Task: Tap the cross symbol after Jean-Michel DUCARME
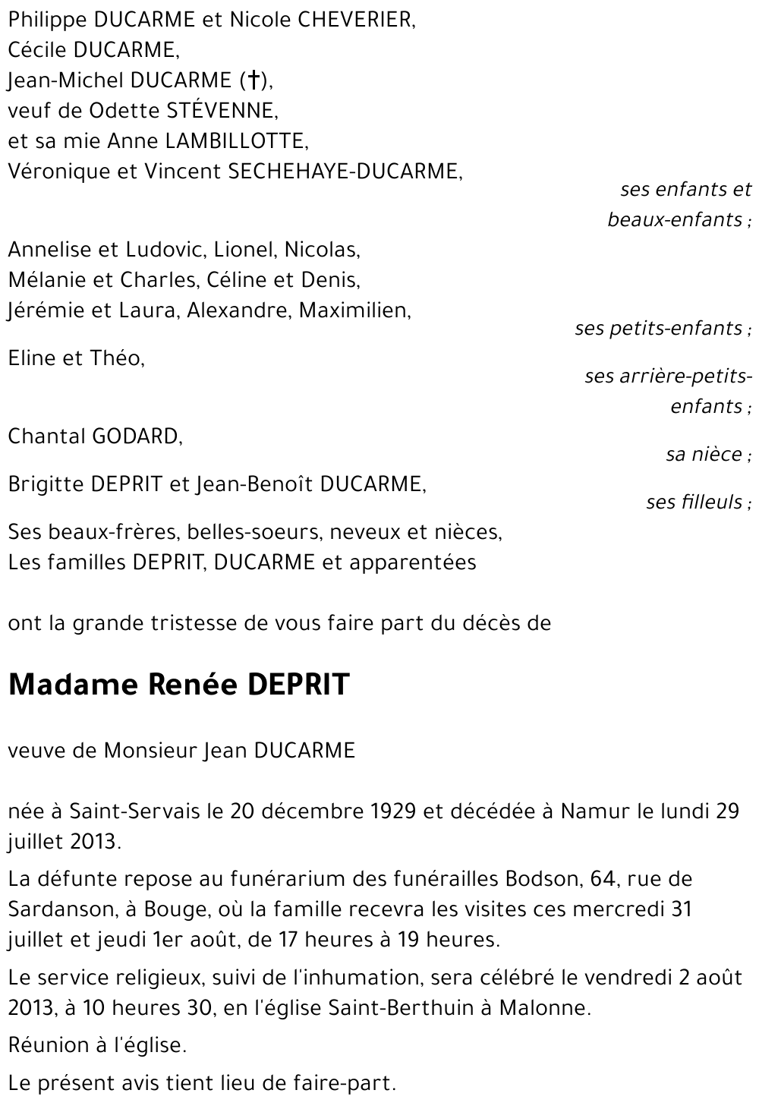[x=255, y=80]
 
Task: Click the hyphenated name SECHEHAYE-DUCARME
[x=345, y=172]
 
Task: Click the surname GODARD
[x=137, y=436]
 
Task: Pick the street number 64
[x=601, y=879]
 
